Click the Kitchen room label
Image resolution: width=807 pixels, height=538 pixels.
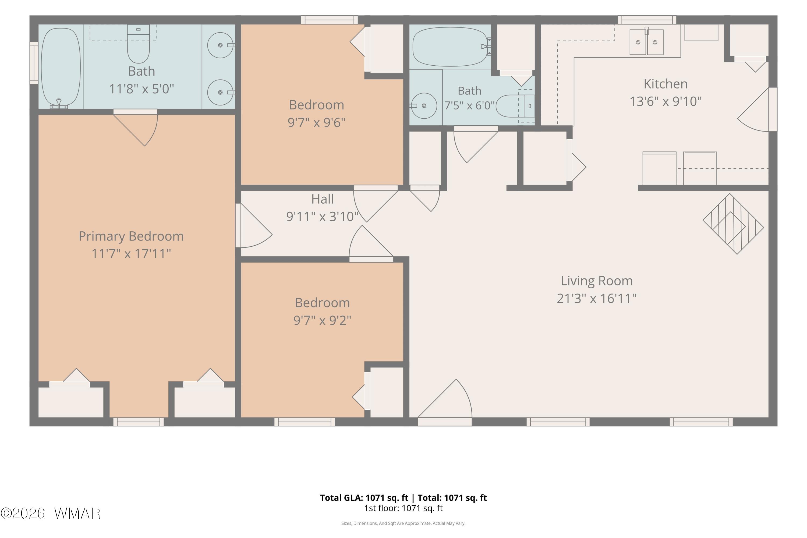(x=665, y=84)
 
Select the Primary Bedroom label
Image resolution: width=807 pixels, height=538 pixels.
(x=131, y=236)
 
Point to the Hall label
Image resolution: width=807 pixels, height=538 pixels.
(x=322, y=199)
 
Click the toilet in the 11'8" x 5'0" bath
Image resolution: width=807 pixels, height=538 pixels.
(x=138, y=44)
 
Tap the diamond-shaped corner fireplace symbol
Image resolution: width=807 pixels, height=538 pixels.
(x=733, y=224)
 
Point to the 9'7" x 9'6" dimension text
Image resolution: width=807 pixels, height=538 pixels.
(x=316, y=122)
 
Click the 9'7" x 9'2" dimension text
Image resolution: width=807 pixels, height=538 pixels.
(x=322, y=320)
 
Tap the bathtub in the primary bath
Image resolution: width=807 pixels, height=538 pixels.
(x=61, y=67)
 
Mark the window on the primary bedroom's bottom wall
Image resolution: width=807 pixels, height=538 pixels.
(x=138, y=422)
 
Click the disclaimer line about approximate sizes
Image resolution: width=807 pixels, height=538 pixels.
(x=403, y=523)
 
